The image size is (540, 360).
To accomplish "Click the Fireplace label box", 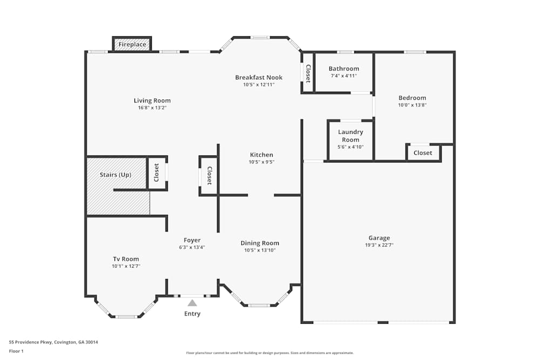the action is click(x=132, y=44).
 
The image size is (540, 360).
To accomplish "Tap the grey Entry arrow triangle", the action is click(x=192, y=303).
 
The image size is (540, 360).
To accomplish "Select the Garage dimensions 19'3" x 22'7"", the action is click(x=379, y=245).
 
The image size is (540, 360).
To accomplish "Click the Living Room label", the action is click(x=152, y=100).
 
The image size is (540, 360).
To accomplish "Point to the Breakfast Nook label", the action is click(x=259, y=77).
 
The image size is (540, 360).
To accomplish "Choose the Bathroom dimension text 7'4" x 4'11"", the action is click(x=343, y=76).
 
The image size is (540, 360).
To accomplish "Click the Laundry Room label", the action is click(x=350, y=135).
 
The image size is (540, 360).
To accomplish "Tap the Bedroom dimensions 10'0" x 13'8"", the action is click(x=412, y=105).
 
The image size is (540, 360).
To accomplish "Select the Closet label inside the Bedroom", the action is click(x=423, y=153).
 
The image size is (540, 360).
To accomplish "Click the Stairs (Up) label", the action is click(x=116, y=175).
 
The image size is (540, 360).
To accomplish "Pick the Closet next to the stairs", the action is click(x=157, y=172).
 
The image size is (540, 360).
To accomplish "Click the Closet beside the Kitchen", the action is click(x=210, y=175).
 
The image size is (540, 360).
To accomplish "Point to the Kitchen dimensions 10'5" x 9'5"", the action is click(x=261, y=162).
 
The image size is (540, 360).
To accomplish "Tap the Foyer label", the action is click(x=192, y=240).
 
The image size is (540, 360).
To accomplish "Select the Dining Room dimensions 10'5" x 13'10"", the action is click(x=260, y=250).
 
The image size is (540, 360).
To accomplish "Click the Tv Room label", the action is click(x=126, y=259).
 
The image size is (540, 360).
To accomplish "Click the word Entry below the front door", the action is click(x=192, y=314).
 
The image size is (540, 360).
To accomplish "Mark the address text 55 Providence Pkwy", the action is click(x=30, y=342).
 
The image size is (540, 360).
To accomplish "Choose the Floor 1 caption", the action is click(x=16, y=351).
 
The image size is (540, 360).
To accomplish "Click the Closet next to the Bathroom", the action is click(x=308, y=73).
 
